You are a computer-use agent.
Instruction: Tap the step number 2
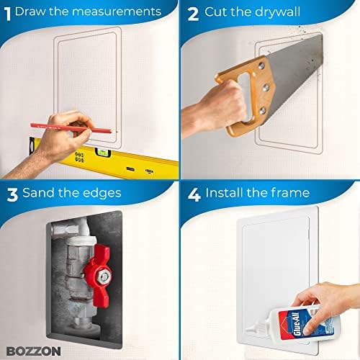pos(193,12)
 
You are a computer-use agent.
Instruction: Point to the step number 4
pos(193,193)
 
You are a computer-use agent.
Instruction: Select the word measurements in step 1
pos(116,12)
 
